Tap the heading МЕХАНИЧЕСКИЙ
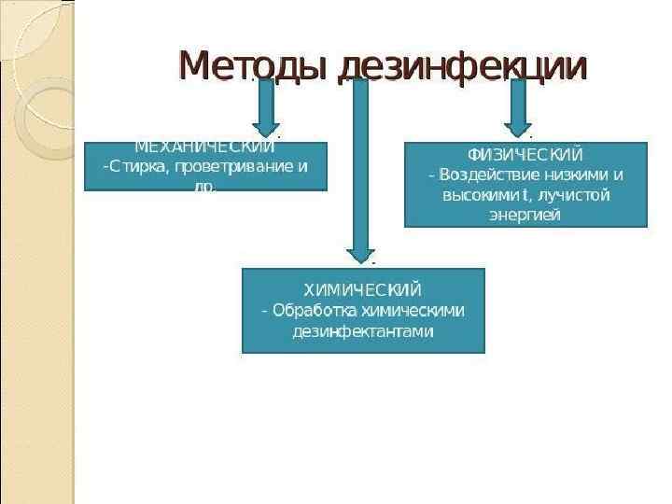pos(204,147)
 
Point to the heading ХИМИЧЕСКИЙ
pos(363,289)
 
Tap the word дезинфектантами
pos(363,332)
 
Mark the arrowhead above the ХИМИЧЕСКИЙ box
pos(359,254)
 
